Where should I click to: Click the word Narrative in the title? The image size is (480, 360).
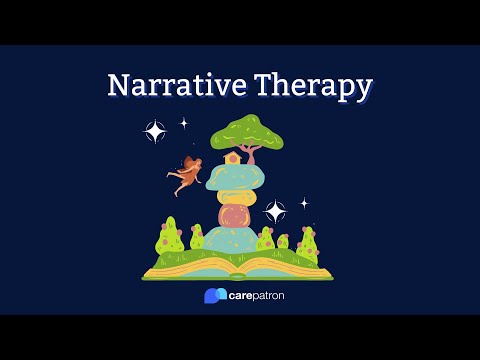pyautogui.click(x=171, y=86)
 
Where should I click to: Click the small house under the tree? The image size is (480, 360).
pyautogui.click(x=232, y=157)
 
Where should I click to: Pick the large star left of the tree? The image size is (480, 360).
pyautogui.click(x=156, y=131)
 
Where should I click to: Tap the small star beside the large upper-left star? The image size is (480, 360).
pyautogui.click(x=184, y=123)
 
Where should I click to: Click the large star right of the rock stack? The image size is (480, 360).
pyautogui.click(x=275, y=211)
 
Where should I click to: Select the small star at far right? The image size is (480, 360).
pyautogui.click(x=304, y=202)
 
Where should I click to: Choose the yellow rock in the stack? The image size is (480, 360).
pyautogui.click(x=237, y=194)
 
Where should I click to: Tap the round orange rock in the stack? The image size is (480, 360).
pyautogui.click(x=238, y=215)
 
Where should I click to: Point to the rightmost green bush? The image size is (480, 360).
pyautogui.click(x=309, y=244)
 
